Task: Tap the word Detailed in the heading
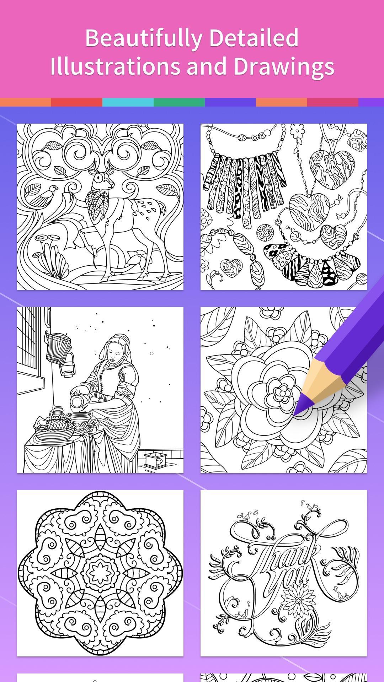[254, 38]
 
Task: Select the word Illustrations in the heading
[115, 66]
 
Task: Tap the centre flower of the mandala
[100, 573]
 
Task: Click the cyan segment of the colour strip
[128, 103]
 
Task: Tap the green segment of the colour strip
[179, 103]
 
